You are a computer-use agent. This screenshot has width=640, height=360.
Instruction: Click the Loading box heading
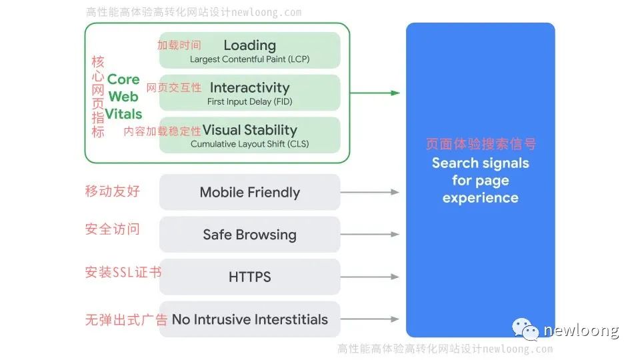point(249,45)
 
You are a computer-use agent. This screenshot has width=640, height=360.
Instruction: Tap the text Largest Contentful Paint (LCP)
point(249,59)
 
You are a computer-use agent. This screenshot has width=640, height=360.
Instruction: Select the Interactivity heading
point(249,88)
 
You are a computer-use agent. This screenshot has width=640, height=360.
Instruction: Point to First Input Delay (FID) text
point(249,102)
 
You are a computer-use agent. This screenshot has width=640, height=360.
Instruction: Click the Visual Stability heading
point(249,130)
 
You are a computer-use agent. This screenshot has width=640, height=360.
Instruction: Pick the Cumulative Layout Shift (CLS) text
point(249,144)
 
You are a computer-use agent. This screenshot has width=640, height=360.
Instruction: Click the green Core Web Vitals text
point(123,97)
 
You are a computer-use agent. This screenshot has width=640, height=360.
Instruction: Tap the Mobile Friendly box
point(249,193)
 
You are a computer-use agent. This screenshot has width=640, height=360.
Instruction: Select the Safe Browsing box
point(249,235)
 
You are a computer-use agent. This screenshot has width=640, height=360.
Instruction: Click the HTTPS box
point(249,277)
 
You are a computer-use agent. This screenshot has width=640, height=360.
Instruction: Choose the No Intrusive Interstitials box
point(249,320)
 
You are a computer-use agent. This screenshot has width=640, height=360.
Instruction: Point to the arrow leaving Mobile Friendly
point(370,193)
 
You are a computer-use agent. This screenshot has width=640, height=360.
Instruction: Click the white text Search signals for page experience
point(480,180)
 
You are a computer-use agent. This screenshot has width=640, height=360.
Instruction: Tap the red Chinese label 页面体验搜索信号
point(480,145)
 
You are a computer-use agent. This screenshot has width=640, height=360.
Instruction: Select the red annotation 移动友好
point(113,192)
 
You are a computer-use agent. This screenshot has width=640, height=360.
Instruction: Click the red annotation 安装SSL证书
point(123,273)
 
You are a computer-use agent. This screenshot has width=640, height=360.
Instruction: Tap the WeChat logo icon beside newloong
point(525,329)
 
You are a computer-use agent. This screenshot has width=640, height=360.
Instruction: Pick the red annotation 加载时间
point(179,45)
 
